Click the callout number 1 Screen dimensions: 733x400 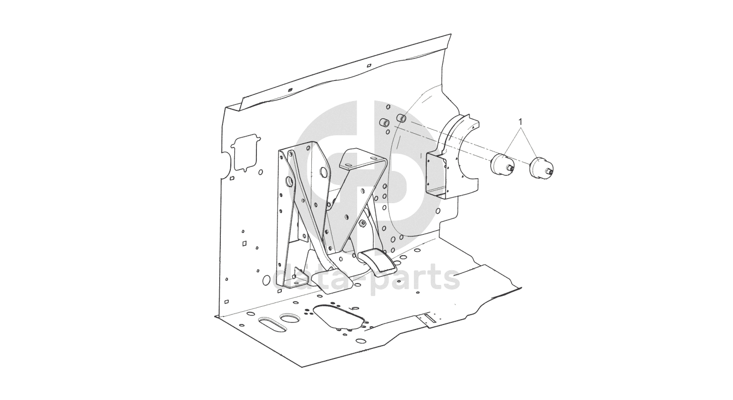520,122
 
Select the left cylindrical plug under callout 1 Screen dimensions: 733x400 502,165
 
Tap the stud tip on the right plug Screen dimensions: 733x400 552,172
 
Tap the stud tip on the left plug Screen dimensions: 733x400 512,168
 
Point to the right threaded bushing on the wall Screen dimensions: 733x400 402,118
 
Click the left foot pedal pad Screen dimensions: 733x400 332,282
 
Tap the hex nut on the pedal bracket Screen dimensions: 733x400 362,224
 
